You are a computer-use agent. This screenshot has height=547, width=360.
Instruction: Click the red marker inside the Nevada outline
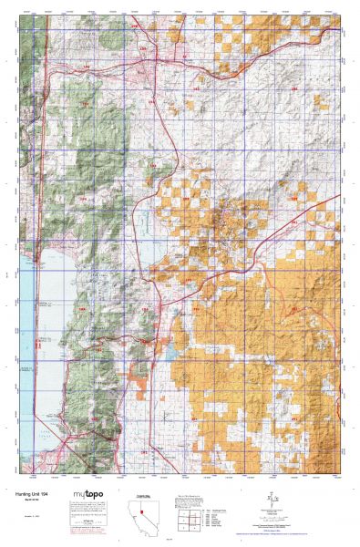(x=142, y=511)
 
